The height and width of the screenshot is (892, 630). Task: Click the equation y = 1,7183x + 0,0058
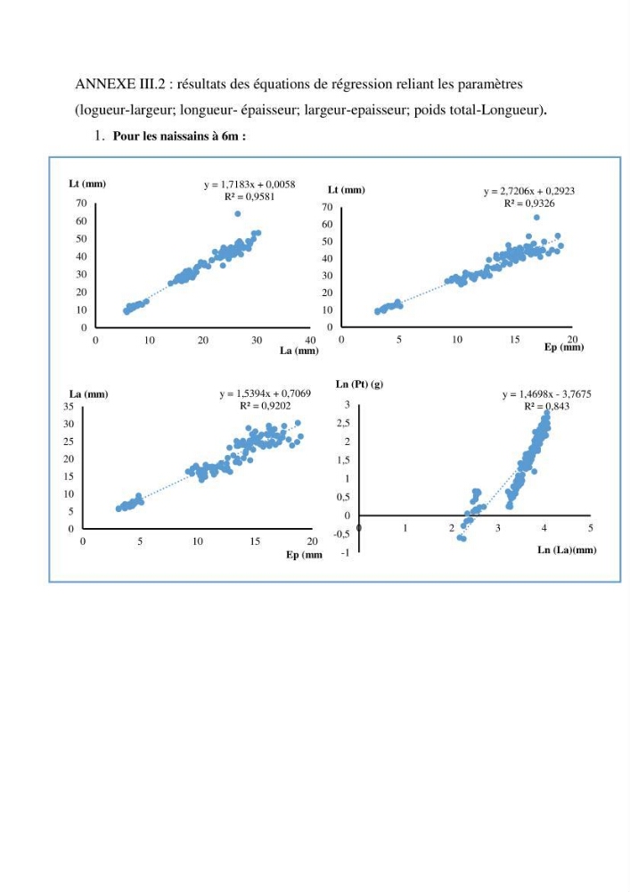point(250,185)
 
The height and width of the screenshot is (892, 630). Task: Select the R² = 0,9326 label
point(529,203)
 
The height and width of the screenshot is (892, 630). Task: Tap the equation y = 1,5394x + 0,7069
point(266,393)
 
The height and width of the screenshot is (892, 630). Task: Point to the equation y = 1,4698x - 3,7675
point(546,393)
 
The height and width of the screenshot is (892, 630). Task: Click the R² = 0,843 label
point(546,406)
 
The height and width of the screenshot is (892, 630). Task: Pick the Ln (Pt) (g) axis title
point(359,384)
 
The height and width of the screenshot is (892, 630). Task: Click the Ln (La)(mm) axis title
point(567,549)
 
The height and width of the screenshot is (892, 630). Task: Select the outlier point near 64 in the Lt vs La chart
point(237,214)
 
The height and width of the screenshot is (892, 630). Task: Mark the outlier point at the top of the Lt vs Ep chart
point(536,218)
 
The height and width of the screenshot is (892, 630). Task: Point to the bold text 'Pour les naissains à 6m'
point(176,136)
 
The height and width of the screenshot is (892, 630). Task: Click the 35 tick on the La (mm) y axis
point(69,406)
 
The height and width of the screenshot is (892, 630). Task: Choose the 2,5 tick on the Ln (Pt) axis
point(344,423)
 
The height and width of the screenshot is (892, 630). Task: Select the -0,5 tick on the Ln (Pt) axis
point(341,534)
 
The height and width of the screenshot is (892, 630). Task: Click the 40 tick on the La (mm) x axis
point(310,340)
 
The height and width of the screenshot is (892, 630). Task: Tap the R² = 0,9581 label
point(250,197)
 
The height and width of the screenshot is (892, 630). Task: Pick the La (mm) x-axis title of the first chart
point(299,351)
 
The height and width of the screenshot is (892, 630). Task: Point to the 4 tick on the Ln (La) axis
point(544,528)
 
